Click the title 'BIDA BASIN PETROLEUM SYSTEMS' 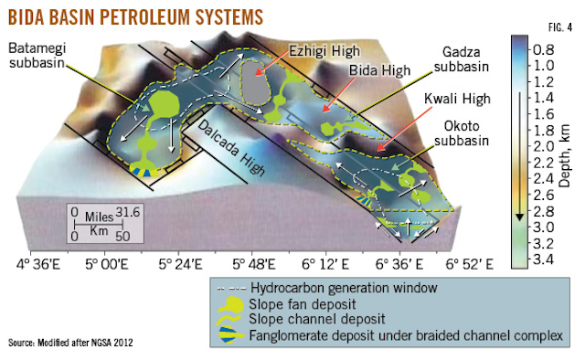click(x=136, y=16)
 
